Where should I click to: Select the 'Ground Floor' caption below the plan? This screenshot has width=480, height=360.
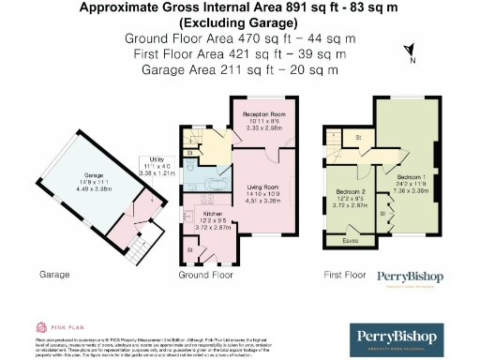pyautogui.click(x=206, y=277)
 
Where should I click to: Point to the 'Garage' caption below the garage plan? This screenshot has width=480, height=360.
pyautogui.click(x=55, y=276)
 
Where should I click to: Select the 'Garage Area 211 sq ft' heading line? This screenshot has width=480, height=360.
pyautogui.click(x=239, y=69)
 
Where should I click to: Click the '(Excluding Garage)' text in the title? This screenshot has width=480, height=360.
pyautogui.click(x=239, y=22)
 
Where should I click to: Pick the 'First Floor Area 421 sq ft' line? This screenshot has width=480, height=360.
pyautogui.click(x=239, y=54)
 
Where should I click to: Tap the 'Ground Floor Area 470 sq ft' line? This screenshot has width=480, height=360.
pyautogui.click(x=239, y=38)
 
